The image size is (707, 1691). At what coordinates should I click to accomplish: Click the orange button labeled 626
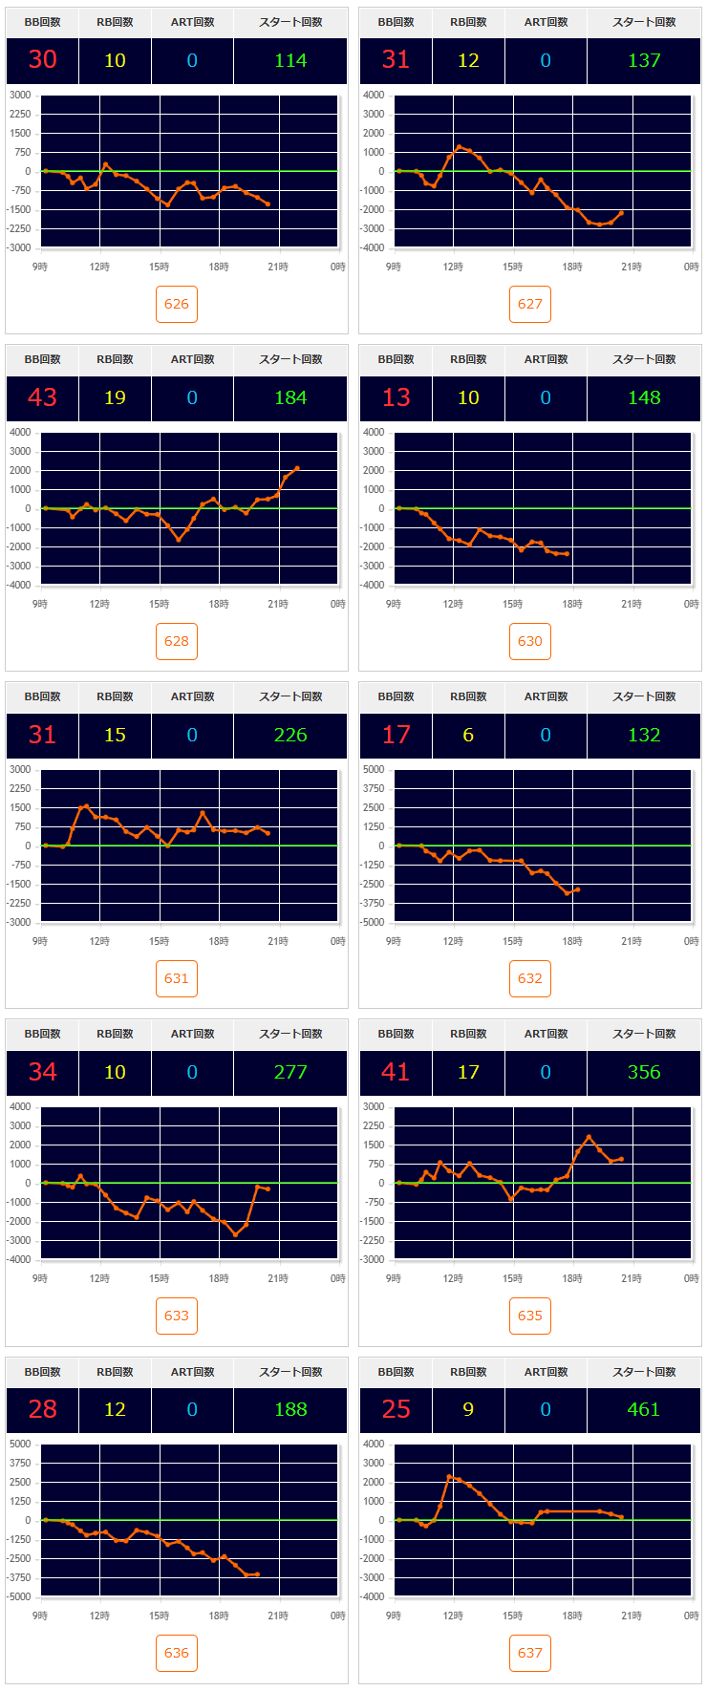point(177,304)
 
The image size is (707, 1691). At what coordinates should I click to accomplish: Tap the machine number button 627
point(530,304)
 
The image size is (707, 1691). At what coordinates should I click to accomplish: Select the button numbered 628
point(177,641)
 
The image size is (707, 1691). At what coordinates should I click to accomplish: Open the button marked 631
point(177,978)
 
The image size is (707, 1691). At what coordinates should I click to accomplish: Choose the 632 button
point(530,978)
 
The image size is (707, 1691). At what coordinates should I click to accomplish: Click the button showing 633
point(177,1316)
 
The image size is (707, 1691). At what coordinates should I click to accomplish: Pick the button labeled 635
point(530,1316)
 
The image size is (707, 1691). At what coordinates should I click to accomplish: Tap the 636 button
point(177,1653)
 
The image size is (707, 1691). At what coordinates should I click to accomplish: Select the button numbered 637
point(530,1653)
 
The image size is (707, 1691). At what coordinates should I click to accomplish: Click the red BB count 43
point(43,397)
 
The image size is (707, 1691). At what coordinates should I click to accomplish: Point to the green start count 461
point(644,1409)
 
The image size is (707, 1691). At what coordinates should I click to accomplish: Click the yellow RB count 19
point(115,397)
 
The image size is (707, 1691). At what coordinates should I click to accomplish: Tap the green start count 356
point(644,1072)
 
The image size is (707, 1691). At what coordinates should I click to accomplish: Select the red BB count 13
point(396,397)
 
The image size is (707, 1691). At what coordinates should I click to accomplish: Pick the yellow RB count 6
point(468,735)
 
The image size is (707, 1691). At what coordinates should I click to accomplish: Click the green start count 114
point(290,60)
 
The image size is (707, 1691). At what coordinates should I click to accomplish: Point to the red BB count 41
point(396,1072)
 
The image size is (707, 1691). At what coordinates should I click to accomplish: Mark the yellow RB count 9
point(468,1409)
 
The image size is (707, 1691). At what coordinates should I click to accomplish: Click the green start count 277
point(290,1072)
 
